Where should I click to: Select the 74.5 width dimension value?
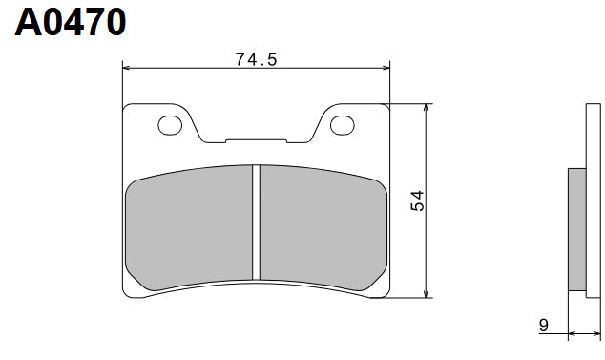[256, 59]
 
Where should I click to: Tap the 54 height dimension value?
[417, 200]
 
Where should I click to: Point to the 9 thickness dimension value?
[542, 326]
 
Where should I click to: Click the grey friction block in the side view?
[576, 229]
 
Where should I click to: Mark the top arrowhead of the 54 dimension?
[426, 108]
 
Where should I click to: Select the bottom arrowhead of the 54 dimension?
[426, 291]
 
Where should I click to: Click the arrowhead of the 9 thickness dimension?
[572, 335]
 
